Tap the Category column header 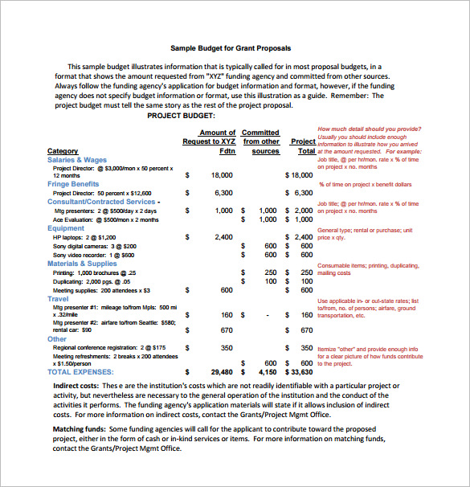(x=63, y=151)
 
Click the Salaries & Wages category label (x=77, y=160)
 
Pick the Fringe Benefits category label (x=73, y=184)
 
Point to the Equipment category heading (x=66, y=228)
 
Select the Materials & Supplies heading (x=82, y=264)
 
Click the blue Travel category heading (x=58, y=298)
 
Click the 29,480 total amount (x=221, y=372)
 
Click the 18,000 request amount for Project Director (x=222, y=174)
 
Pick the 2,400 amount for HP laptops (x=224, y=237)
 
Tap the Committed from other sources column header (x=260, y=141)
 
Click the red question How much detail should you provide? (x=369, y=129)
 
